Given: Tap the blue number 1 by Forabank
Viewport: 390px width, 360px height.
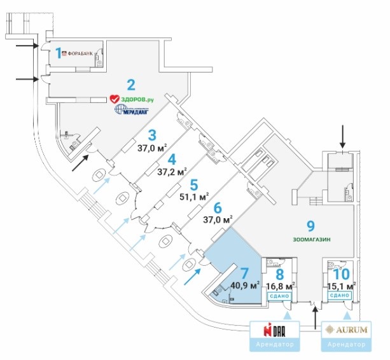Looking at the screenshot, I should coord(57,53).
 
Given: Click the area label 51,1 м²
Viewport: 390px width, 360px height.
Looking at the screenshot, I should coord(195,197).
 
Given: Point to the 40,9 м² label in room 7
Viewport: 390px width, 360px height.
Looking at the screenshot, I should coord(245,284).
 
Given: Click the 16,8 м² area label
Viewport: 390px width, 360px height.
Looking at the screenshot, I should coord(279,285).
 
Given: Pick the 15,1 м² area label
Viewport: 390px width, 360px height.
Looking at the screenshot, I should coord(341,285).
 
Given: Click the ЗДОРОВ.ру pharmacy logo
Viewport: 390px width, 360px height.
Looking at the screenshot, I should coord(132,99).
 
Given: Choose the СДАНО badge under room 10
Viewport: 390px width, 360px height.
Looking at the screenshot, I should coord(341,296).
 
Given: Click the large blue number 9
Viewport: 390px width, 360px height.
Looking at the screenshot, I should coord(310,225).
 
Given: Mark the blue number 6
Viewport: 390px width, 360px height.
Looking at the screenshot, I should coord(218,207).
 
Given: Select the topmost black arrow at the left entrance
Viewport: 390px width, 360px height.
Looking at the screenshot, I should coord(26,46).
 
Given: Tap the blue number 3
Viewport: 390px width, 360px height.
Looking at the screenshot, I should coord(151,135).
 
